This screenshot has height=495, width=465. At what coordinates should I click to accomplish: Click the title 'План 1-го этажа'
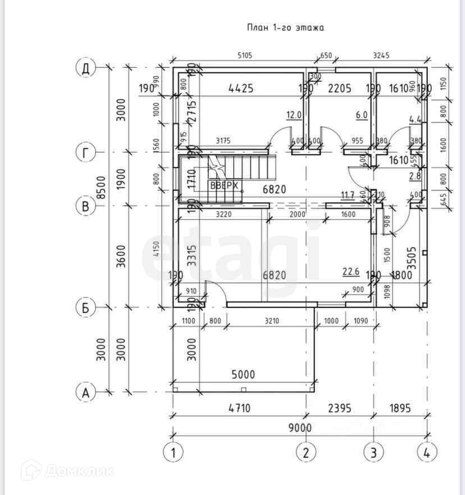(286, 27)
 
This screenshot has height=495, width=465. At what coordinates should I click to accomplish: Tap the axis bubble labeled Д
(85, 68)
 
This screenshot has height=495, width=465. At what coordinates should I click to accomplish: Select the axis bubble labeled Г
(85, 153)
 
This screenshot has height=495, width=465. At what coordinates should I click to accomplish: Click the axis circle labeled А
(85, 392)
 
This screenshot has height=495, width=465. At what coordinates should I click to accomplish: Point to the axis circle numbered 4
(427, 451)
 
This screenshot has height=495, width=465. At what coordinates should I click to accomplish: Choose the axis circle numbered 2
(306, 451)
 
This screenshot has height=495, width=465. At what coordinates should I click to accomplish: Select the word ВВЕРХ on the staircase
(225, 186)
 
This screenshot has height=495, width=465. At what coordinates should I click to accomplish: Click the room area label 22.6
(351, 272)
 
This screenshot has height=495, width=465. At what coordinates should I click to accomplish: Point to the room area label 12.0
(294, 115)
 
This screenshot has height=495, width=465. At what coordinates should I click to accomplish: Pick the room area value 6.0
(361, 115)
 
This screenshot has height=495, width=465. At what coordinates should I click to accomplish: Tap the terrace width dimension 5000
(241, 374)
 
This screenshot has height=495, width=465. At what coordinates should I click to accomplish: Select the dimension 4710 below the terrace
(241, 408)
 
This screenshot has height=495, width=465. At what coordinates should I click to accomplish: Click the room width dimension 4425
(241, 88)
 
